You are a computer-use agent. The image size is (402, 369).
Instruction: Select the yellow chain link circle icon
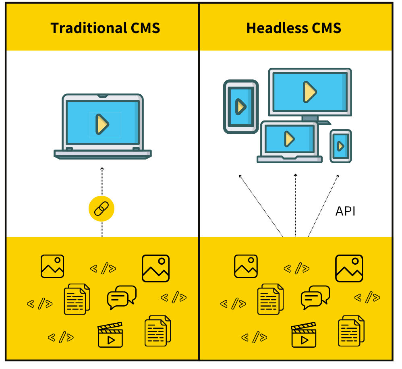[102, 209]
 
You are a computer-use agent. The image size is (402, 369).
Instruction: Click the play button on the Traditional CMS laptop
[102, 124]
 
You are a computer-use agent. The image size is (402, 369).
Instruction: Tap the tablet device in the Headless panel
[241, 106]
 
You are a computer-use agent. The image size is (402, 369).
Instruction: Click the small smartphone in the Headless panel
[341, 146]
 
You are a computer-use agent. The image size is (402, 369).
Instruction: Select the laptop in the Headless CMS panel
[289, 141]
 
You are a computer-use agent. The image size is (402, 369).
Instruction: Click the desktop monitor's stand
[310, 118]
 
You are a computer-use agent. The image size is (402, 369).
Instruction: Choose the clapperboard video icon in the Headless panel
[304, 335]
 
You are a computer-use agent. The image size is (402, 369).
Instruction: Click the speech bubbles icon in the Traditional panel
[121, 297]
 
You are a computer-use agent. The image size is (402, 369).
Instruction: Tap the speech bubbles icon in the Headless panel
[315, 297]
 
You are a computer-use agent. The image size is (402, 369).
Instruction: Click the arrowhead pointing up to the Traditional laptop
[102, 168]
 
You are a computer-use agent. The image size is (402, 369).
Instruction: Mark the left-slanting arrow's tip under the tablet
[240, 175]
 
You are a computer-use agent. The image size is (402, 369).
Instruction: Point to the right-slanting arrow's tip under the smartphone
[338, 176]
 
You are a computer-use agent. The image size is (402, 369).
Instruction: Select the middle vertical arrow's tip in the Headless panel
[296, 175]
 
